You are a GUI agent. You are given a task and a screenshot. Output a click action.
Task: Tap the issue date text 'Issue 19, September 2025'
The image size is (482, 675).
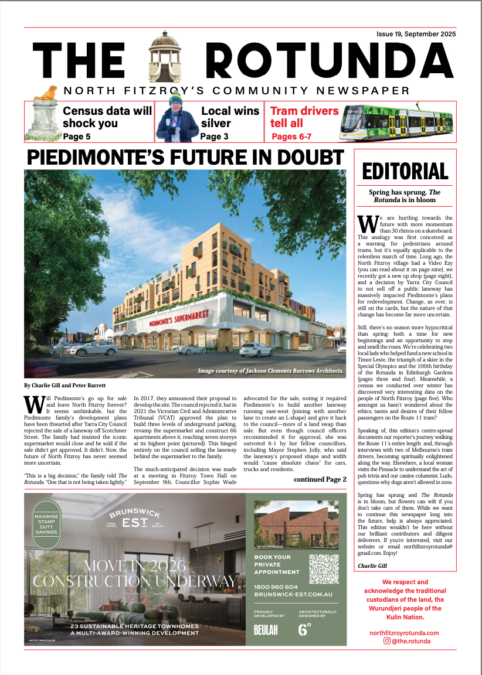coord(416,35)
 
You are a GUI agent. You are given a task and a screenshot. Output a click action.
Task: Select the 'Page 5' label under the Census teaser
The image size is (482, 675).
coord(77,137)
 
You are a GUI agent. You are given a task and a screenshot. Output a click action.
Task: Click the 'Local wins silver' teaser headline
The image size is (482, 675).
coord(230,117)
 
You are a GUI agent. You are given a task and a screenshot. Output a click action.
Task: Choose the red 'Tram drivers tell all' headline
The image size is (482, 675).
coord(304,117)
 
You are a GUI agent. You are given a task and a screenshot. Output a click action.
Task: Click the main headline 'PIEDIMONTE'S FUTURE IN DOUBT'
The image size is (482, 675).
coord(185,157)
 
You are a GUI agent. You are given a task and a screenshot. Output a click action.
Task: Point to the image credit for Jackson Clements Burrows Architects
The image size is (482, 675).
coord(270,370)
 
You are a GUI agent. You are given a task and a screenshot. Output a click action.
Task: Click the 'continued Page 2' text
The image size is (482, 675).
coord(320,479)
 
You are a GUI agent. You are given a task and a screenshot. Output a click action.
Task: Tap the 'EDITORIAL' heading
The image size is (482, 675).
coord(405,171)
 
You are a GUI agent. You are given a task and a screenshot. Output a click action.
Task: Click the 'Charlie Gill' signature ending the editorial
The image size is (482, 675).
coord(373,565)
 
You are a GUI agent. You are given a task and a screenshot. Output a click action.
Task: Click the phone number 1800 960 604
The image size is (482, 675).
coord(276,587)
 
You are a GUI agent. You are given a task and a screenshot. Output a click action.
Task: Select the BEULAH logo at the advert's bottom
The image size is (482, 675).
coord(266,630)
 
